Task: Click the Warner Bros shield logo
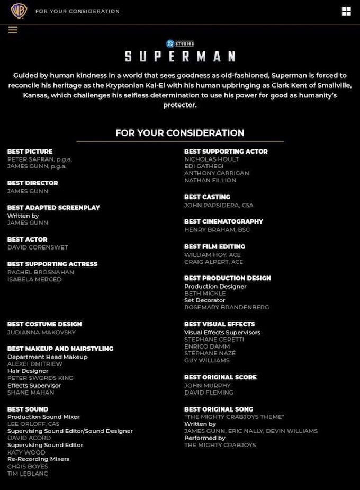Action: pos(19,11)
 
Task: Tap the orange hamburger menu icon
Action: pos(13,30)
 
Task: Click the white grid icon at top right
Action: pos(346,12)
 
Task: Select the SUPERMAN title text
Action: pos(180,56)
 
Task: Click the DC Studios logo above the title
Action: pos(180,43)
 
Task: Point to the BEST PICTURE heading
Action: pos(30,152)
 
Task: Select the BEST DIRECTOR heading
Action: pos(33,183)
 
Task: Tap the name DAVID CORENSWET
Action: pos(38,247)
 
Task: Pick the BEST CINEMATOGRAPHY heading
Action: pos(223,221)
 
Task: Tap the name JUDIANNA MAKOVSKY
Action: pos(41,332)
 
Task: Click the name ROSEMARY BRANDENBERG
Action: pos(227,307)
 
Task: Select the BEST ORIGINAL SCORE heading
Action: pos(220,377)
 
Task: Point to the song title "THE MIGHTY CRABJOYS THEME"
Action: pos(234,417)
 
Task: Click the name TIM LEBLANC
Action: pos(28,474)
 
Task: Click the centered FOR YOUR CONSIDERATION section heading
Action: pos(180,133)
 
